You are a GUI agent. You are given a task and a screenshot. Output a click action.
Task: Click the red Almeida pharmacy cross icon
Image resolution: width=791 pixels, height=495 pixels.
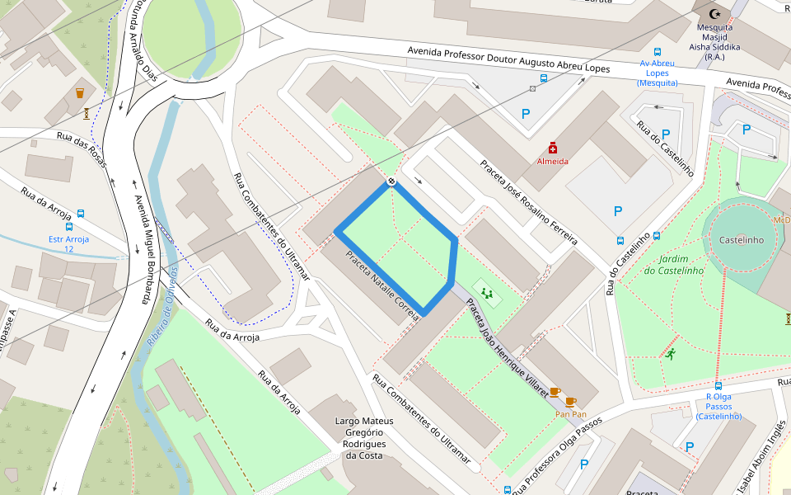(552, 148)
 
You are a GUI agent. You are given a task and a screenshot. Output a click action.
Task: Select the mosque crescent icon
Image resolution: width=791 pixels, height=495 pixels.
(714, 14)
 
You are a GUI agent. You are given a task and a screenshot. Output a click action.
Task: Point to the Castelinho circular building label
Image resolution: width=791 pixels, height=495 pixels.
(742, 240)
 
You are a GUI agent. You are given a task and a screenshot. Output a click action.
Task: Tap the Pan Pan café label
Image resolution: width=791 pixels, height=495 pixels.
(570, 414)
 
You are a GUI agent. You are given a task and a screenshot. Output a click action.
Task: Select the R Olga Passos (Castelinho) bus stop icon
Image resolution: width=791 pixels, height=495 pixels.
(718, 385)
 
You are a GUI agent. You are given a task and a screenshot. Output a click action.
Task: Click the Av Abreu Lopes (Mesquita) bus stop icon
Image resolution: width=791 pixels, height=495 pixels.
(657, 51)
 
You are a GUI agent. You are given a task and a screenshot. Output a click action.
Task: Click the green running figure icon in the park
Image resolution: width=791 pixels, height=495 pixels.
(671, 355)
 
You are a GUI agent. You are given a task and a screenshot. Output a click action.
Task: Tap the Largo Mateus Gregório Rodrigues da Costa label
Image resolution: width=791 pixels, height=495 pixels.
(364, 438)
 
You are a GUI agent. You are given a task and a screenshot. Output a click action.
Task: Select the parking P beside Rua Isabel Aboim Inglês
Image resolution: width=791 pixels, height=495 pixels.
(690, 446)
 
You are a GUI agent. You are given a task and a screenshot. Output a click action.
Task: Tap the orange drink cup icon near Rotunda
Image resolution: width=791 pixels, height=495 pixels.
(80, 93)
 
